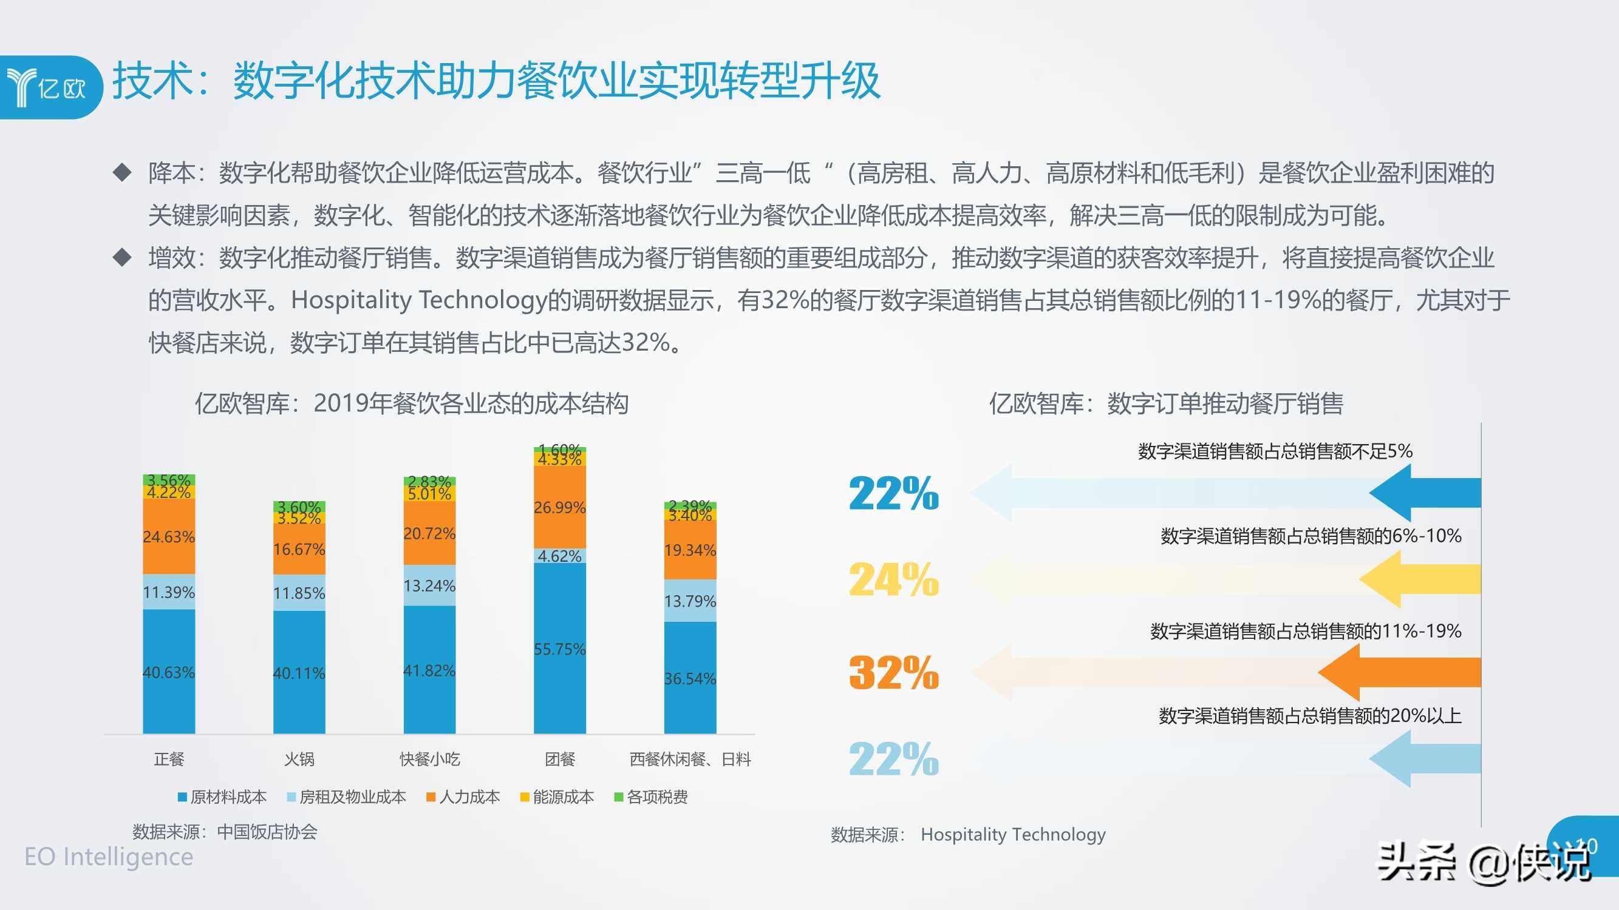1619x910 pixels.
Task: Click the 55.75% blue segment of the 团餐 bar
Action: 559,648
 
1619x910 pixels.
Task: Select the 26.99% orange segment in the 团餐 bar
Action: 559,507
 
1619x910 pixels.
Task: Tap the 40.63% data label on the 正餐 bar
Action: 168,672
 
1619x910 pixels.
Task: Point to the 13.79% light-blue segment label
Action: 690,601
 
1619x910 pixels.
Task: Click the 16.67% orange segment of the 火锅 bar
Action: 299,550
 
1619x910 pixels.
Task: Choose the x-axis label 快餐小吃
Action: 430,760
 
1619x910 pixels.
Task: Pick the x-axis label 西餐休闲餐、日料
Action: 690,760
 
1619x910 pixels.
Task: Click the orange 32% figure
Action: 894,672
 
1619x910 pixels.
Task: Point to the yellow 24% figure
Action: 894,579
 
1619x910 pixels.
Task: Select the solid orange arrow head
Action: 1342,672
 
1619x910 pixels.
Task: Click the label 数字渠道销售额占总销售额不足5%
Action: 1275,451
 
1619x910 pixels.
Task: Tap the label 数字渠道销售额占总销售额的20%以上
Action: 1310,715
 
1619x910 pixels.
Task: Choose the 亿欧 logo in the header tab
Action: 47,87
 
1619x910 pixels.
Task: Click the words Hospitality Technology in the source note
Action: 1012,835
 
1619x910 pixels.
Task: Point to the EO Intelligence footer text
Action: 109,857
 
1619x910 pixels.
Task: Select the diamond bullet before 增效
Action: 122,257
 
